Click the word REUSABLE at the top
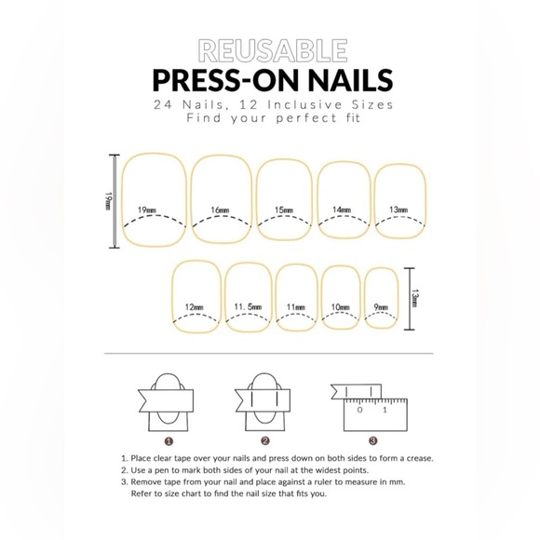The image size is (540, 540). coord(273,48)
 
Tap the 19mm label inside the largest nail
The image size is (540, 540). coord(146,209)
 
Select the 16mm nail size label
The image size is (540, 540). coord(221,209)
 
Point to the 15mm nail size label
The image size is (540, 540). coord(285,209)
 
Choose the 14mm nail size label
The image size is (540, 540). coord(343,209)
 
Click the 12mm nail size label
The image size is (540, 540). coord(195,306)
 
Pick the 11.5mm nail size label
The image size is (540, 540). coord(248,306)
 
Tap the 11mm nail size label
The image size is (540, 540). coord(296,306)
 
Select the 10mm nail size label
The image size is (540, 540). coord(341,306)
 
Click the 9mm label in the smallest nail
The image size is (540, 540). coord(381,306)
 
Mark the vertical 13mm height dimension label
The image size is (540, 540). coord(415,299)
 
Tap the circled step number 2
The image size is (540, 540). coord(265,440)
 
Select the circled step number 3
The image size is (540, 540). coord(372,440)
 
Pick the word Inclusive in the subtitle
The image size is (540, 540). coord(285,104)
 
